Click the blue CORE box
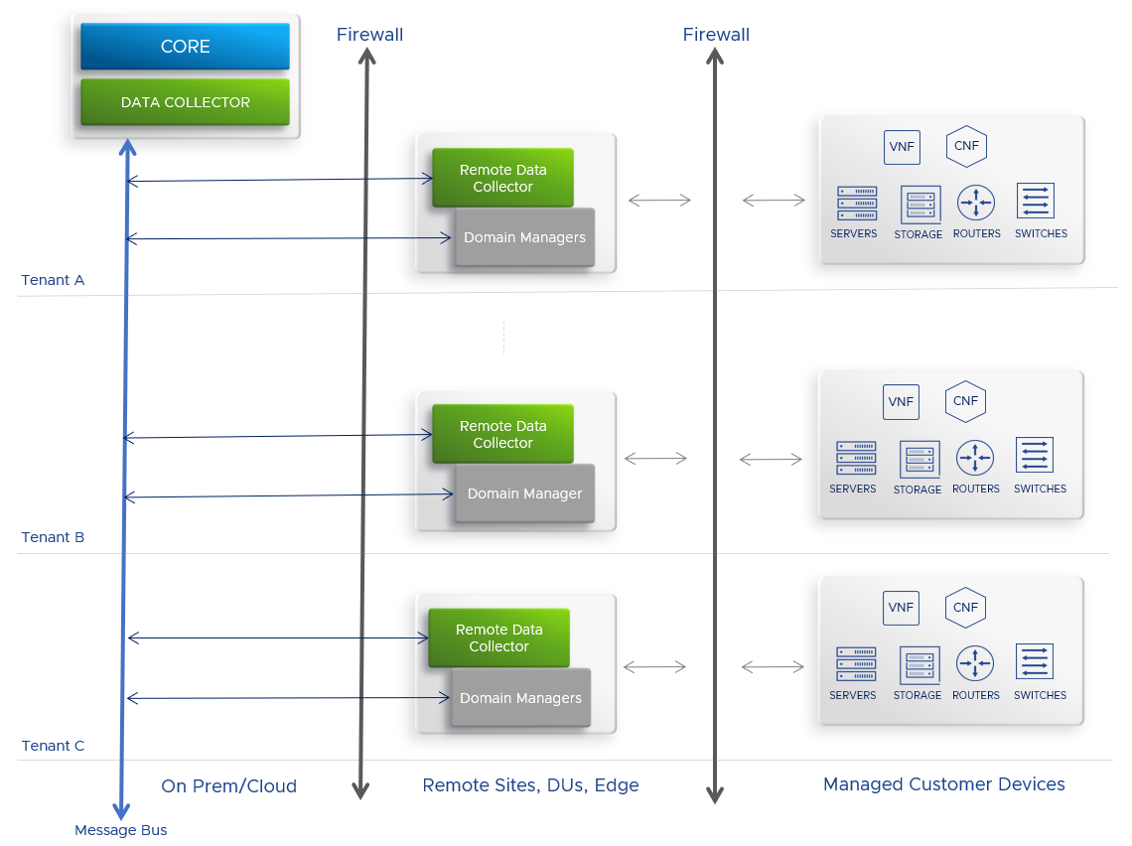pos(185,47)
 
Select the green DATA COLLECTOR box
pos(185,102)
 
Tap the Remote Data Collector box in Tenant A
pos(502,178)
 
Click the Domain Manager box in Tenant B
pos(524,493)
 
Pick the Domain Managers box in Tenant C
pos(520,698)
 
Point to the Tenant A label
pos(53,280)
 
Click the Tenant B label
pos(53,537)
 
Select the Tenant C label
pos(53,746)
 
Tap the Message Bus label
pos(121,830)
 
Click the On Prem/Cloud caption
pos(228,786)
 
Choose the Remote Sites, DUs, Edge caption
pos(530,785)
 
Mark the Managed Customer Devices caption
pos(943,784)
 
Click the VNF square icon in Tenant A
pos(902,147)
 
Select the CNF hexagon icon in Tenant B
pos(965,401)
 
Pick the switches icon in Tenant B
pos(1035,456)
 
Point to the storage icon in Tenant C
pos(919,664)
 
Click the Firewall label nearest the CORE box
pos(369,35)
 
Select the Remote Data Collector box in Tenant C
pos(498,637)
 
